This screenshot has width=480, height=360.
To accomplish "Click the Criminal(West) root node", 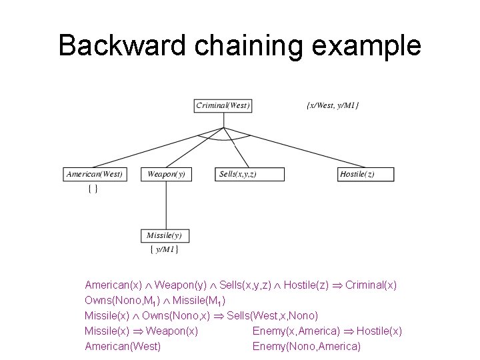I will [x=223, y=105].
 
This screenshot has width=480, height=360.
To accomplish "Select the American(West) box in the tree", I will [x=95, y=175].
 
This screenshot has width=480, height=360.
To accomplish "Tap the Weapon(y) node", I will [x=166, y=175].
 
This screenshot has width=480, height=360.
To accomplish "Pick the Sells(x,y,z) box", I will [x=250, y=175].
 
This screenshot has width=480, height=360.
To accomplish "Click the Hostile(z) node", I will [x=366, y=175].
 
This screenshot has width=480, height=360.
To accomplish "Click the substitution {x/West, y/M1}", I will [x=332, y=105].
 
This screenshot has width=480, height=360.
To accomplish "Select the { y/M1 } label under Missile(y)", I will [x=164, y=250].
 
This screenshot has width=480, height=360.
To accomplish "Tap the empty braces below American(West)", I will [x=93, y=189].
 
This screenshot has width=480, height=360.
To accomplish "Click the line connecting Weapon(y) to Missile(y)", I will [x=166, y=205].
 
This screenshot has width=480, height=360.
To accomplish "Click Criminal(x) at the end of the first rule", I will [x=371, y=285].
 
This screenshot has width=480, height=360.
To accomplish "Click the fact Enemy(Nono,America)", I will [x=307, y=346].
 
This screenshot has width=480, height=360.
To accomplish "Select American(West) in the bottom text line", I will [x=123, y=346].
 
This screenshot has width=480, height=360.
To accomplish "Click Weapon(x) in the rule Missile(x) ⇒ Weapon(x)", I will [x=171, y=331].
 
